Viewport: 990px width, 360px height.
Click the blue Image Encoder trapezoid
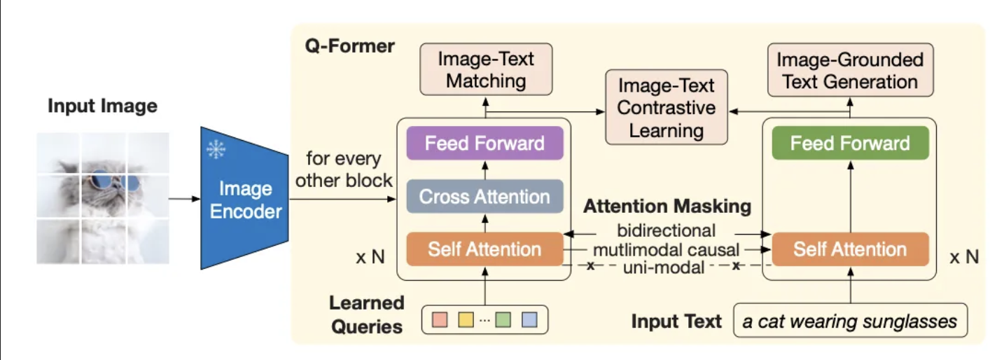coord(242,200)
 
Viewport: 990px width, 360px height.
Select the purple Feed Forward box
coord(484,144)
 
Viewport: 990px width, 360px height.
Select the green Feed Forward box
coord(849,144)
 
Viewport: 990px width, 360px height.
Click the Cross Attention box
coord(484,197)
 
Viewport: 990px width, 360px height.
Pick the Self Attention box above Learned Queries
coord(484,249)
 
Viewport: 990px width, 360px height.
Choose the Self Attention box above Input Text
coord(849,249)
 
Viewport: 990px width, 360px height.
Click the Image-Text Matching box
coord(486,69)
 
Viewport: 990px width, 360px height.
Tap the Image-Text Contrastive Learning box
coord(666,107)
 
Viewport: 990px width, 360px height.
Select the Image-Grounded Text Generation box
coord(850,69)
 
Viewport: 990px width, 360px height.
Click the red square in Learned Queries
coord(440,320)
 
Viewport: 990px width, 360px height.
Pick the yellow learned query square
coord(466,320)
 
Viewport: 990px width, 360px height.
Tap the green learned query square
coord(503,320)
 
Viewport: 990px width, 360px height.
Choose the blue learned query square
coord(529,320)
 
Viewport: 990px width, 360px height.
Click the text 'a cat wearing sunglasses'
coord(849,321)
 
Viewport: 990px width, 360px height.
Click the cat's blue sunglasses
coord(114,182)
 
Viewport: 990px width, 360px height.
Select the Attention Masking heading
coord(667,207)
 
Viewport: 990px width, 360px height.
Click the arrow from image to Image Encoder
coord(184,199)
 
